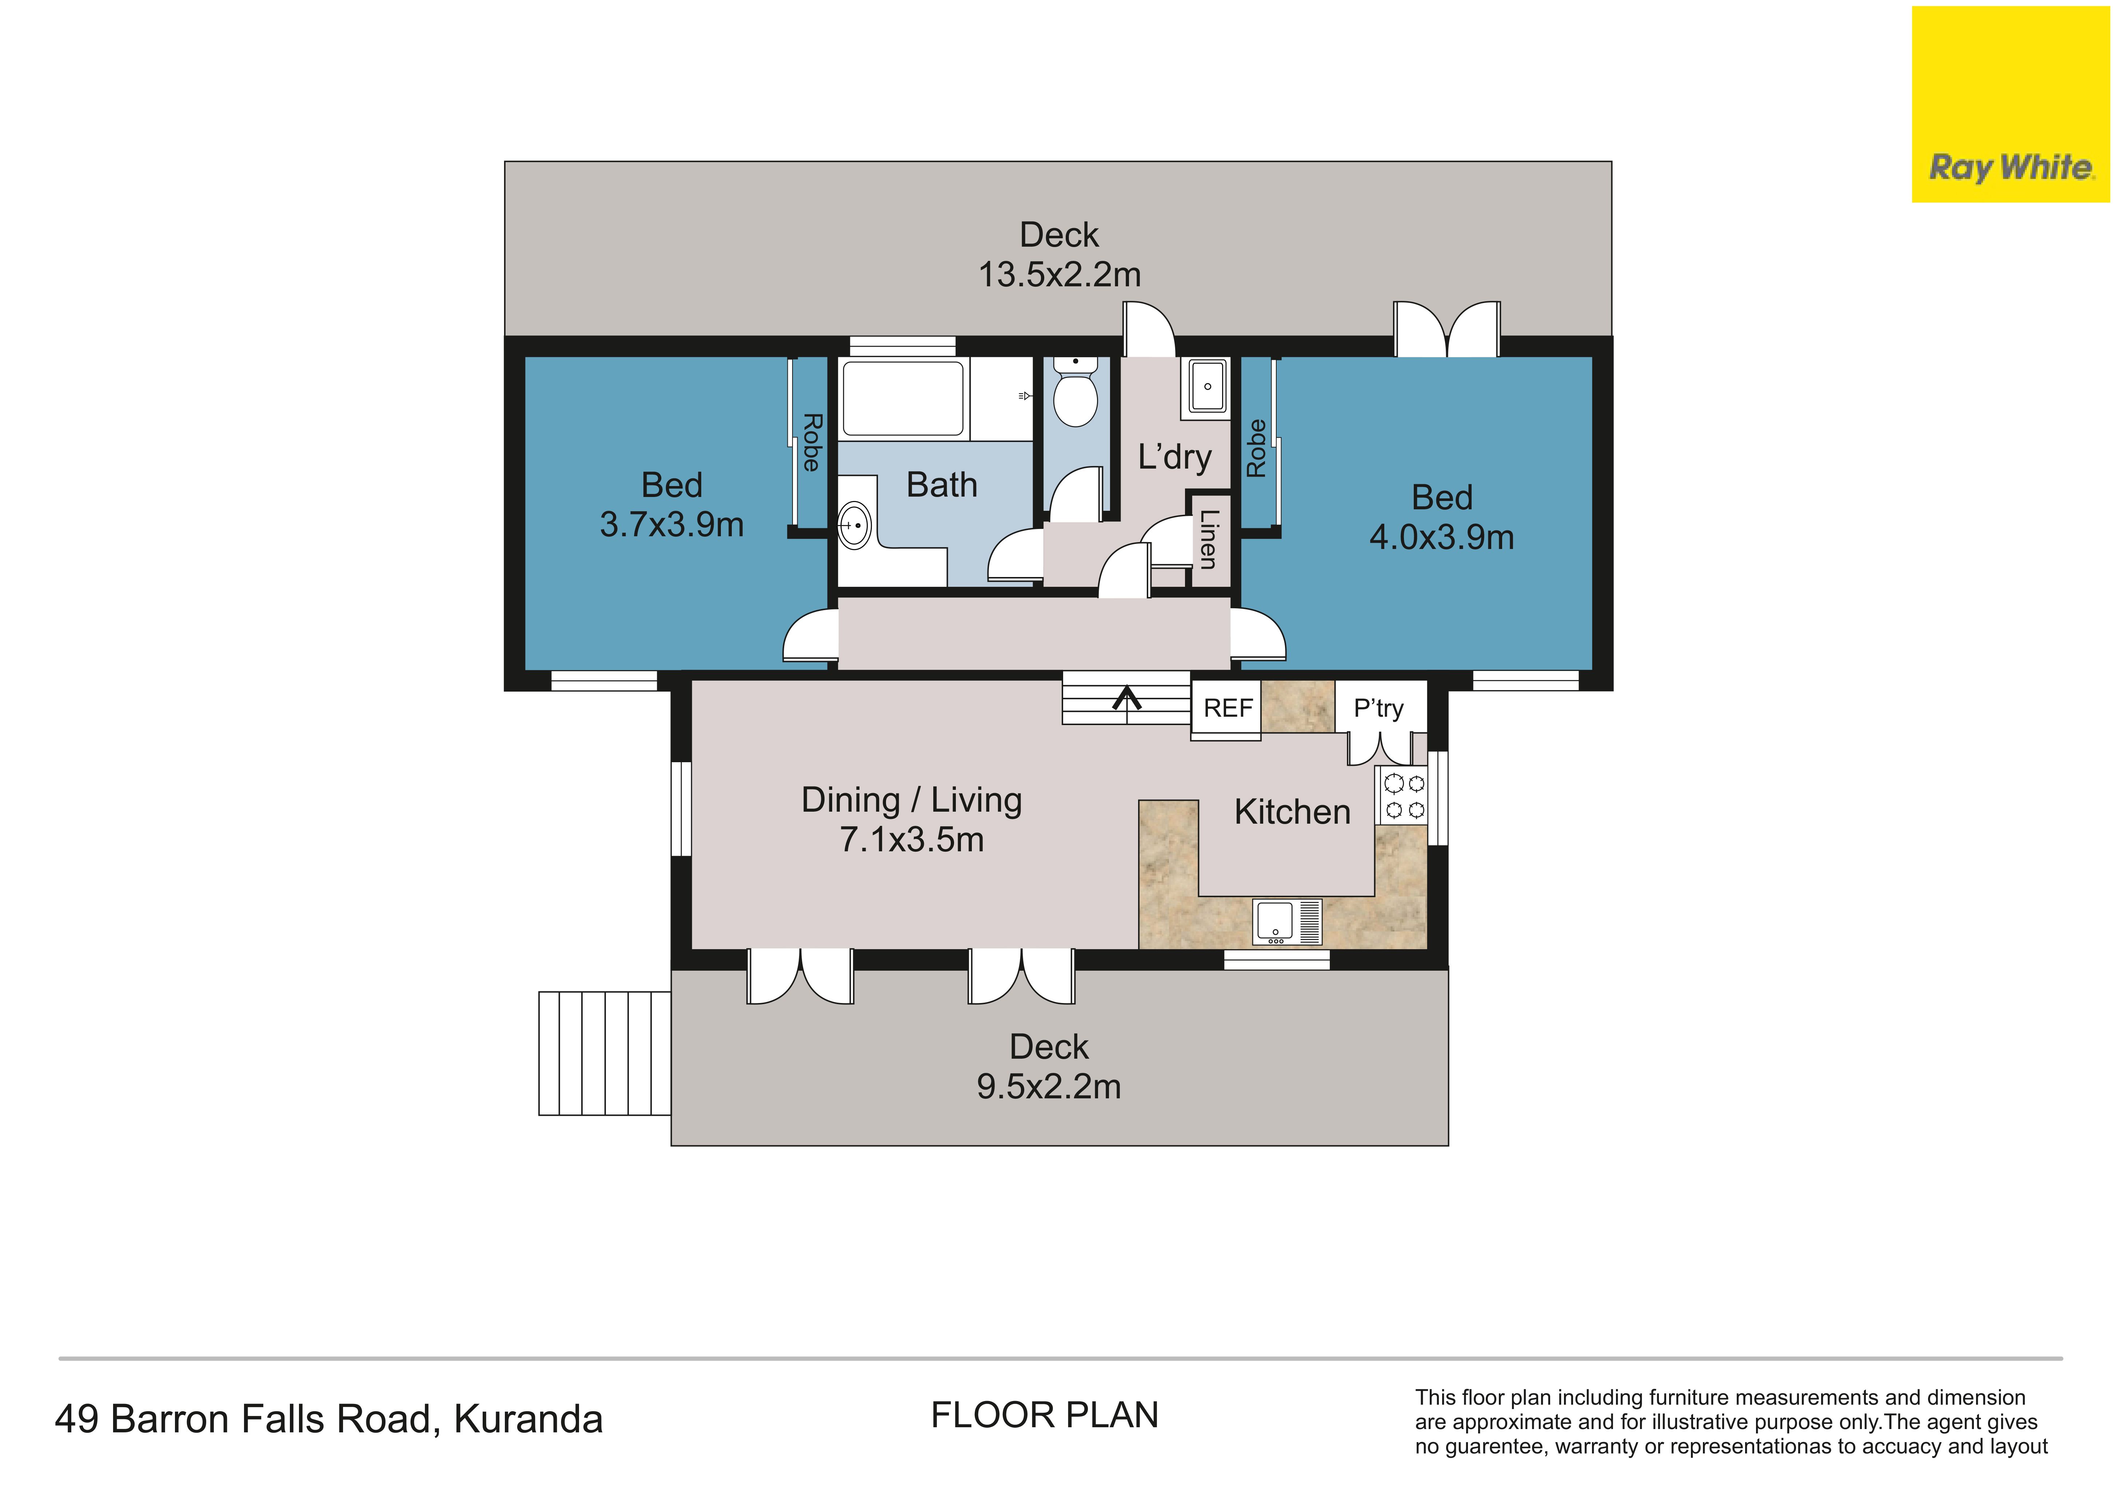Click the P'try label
(1378, 708)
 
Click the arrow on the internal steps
(1127, 698)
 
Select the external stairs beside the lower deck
(604, 1053)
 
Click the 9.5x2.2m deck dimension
(1049, 1086)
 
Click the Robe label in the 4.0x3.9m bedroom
(1256, 448)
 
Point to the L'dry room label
(1175, 458)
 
